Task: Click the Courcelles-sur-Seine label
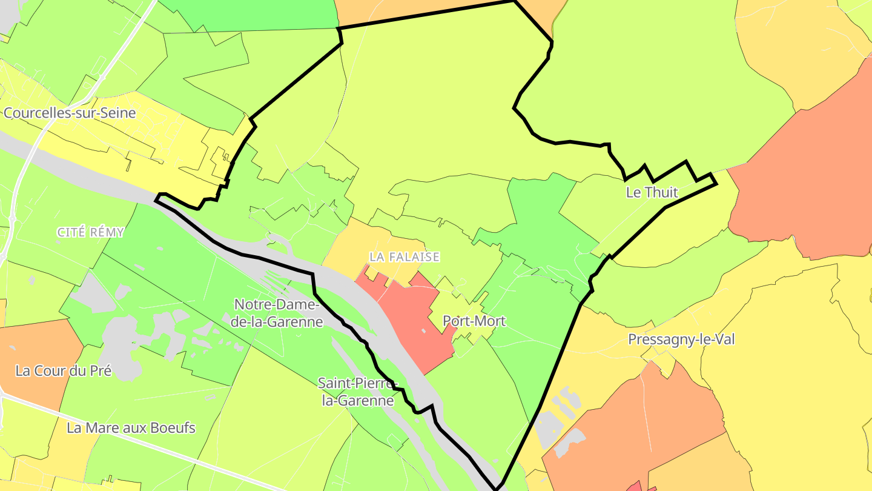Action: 70,113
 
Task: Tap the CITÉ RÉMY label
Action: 91,232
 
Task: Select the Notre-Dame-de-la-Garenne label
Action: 278,313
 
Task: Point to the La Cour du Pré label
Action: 64,370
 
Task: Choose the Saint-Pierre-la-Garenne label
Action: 356,392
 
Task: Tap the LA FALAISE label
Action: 405,257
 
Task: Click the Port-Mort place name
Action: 474,321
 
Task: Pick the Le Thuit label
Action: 652,193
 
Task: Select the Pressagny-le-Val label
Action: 681,339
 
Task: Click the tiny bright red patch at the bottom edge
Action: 635,487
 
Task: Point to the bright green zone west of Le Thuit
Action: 539,212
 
